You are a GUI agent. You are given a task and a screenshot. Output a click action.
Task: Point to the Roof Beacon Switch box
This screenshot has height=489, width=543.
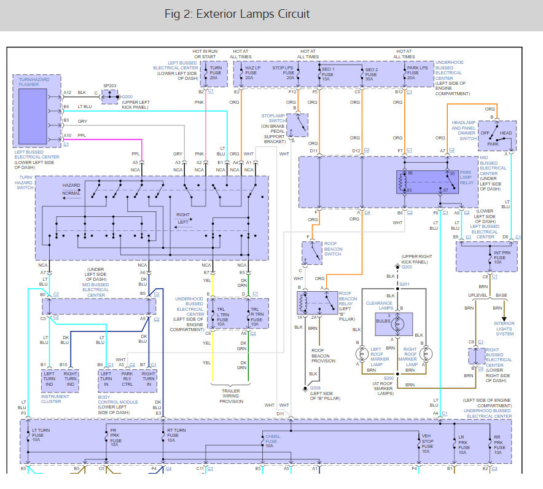click(313, 253)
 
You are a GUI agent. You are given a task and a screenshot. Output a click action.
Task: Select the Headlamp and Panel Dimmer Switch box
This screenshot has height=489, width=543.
click(497, 136)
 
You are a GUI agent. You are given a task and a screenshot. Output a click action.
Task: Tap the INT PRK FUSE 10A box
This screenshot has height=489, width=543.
click(486, 256)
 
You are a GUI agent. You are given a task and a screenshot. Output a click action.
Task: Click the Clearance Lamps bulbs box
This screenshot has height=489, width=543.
click(394, 321)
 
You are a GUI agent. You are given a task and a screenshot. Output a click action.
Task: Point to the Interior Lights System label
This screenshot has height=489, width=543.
click(504, 329)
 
